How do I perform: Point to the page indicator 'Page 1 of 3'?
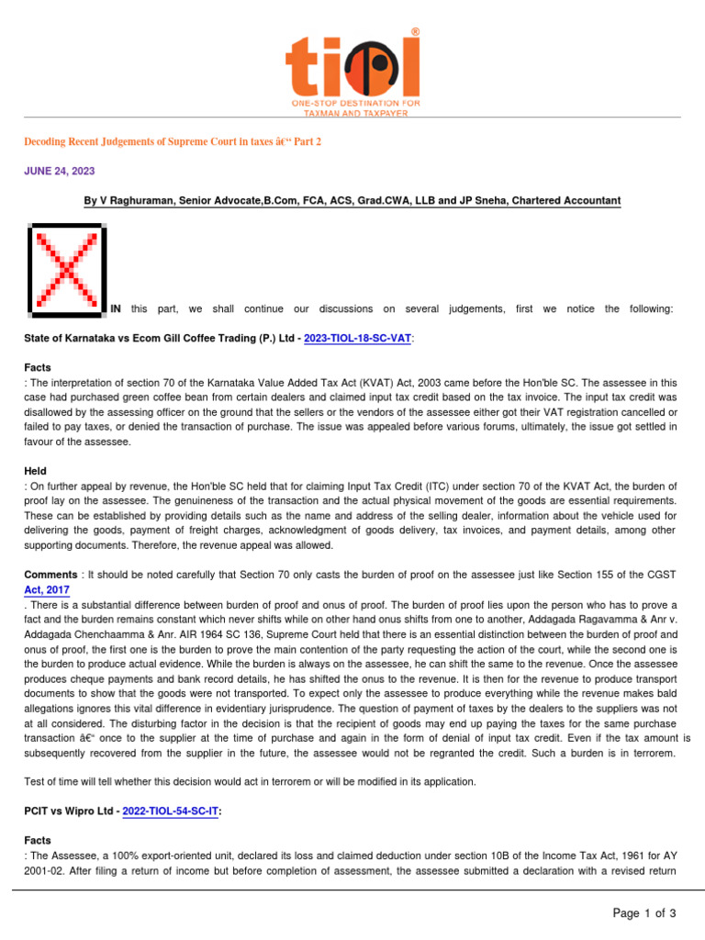[x=644, y=912]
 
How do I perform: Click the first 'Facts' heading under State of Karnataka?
[x=38, y=367]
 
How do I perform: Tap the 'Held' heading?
[x=36, y=471]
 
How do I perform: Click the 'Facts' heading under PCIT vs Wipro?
[x=38, y=841]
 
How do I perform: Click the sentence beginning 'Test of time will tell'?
[x=250, y=781]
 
